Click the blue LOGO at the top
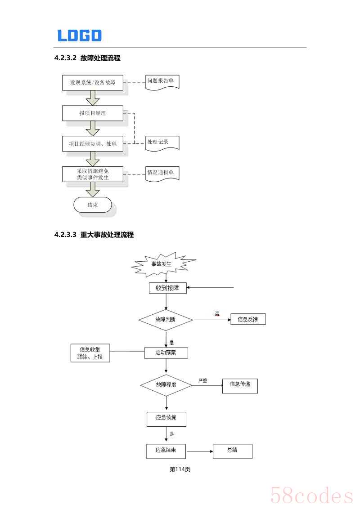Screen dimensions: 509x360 79,36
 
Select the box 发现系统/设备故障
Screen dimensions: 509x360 92,83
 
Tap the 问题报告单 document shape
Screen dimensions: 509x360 162,82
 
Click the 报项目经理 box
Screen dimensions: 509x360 92,113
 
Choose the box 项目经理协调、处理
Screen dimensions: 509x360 92,144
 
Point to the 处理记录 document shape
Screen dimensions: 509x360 162,143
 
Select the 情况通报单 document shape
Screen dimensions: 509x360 162,173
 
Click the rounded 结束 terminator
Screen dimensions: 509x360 92,205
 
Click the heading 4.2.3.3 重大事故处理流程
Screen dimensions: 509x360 94,235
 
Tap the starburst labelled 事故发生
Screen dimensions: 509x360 162,264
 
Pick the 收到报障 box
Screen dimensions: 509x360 167,288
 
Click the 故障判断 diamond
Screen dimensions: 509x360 166,320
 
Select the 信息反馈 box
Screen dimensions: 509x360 248,320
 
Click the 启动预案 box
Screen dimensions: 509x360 166,353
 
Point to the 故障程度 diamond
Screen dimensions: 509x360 166,385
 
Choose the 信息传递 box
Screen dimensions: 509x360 240,385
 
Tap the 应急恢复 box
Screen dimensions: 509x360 166,418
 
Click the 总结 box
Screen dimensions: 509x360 232,451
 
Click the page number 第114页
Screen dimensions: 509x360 180,469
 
